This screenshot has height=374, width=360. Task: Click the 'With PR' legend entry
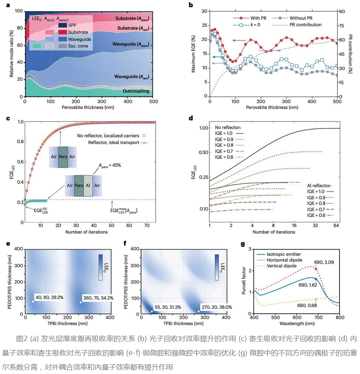255,18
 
